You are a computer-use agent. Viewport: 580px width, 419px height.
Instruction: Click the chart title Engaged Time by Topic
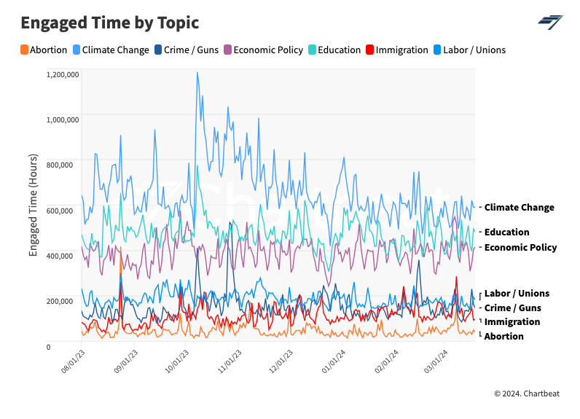(x=109, y=23)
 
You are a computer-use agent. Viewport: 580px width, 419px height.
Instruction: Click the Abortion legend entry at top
(x=44, y=50)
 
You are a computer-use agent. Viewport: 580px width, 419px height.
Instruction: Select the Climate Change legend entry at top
(x=110, y=50)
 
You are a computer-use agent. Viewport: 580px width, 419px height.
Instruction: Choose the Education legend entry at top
(x=334, y=50)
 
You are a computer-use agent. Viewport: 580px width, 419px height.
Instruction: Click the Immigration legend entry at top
(x=396, y=50)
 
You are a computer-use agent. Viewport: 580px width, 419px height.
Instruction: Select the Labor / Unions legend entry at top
(x=469, y=50)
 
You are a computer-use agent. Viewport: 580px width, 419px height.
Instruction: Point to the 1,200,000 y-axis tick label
(x=62, y=74)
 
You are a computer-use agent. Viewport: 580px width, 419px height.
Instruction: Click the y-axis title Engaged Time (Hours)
(x=34, y=205)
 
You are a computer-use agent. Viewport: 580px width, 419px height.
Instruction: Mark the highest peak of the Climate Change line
(x=197, y=73)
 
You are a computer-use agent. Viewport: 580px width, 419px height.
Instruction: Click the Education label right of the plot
(x=506, y=232)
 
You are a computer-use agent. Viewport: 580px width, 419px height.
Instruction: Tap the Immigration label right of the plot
(x=512, y=322)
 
